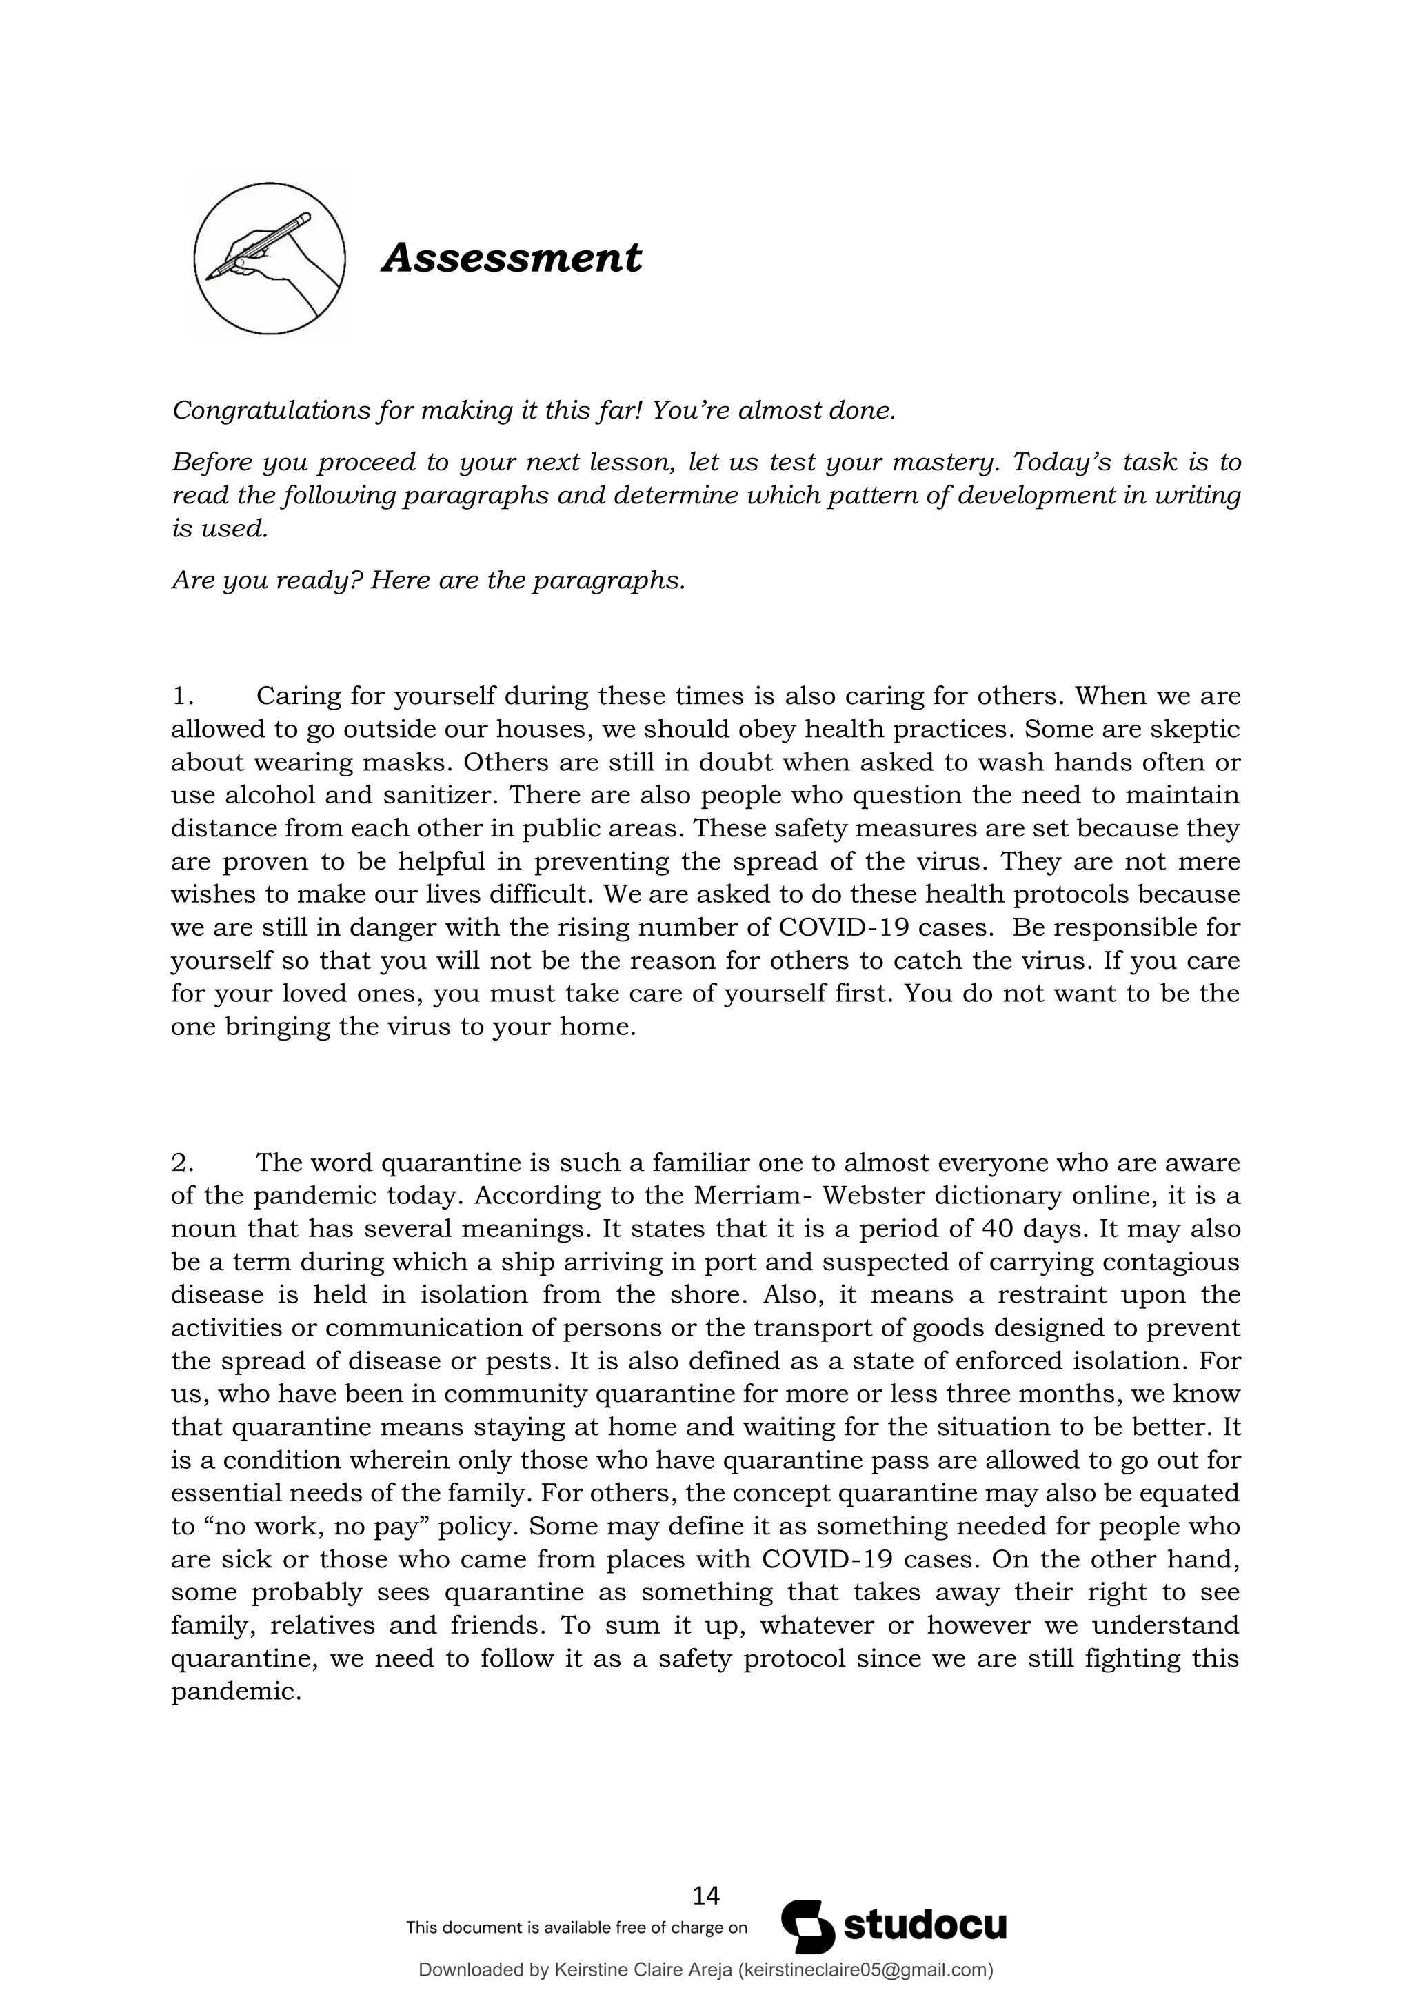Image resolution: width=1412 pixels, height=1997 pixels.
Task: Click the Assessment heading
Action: [x=512, y=259]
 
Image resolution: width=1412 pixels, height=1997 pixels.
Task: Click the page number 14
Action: [x=705, y=1894]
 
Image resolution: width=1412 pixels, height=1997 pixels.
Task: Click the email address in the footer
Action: [x=865, y=1969]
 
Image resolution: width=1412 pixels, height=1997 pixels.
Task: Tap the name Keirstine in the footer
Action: [x=590, y=1969]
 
